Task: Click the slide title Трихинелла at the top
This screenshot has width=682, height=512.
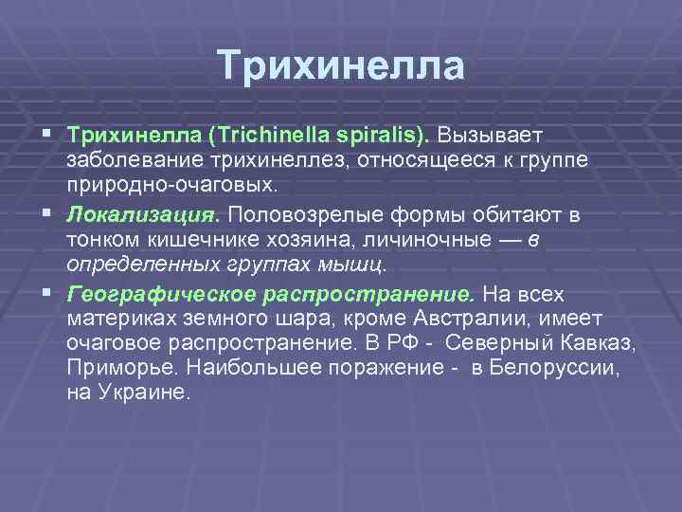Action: tap(341, 66)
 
